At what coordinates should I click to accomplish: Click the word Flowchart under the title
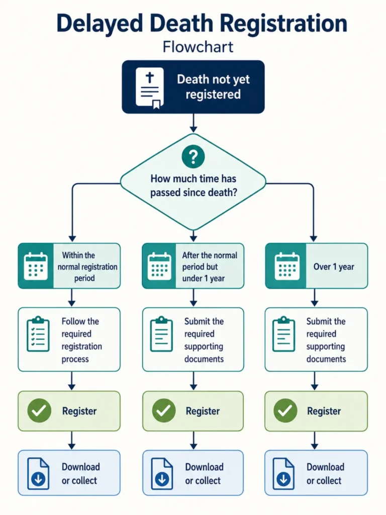(x=198, y=47)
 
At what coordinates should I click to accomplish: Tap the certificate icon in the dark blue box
(x=150, y=88)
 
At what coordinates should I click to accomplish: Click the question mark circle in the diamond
(x=194, y=156)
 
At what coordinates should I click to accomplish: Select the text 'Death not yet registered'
(x=213, y=87)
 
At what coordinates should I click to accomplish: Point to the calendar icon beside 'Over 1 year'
(x=287, y=267)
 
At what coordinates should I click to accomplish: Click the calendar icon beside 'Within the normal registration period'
(x=36, y=267)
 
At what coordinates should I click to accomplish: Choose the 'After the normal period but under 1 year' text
(x=210, y=267)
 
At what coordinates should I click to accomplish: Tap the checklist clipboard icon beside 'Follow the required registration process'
(x=38, y=334)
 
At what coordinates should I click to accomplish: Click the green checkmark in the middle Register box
(x=164, y=410)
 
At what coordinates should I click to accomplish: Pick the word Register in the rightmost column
(x=324, y=411)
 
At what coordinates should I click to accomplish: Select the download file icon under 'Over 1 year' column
(x=283, y=473)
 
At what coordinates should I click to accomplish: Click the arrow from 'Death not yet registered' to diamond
(x=194, y=123)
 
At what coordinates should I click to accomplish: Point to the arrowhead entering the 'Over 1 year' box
(x=314, y=238)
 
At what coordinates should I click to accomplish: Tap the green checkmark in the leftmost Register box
(x=39, y=410)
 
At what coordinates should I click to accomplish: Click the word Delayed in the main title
(x=100, y=24)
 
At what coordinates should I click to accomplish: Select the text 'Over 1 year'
(x=334, y=267)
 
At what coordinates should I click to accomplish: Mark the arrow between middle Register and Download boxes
(x=194, y=440)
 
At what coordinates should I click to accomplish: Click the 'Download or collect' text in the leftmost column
(x=81, y=474)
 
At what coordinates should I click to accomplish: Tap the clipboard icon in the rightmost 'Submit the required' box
(x=283, y=334)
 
